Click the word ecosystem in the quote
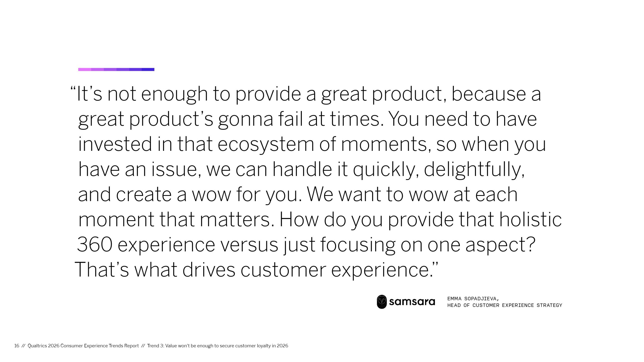[x=266, y=144]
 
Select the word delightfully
[x=474, y=169]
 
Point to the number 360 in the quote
[x=95, y=245]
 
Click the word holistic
[x=530, y=219]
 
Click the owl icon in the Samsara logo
[x=382, y=302]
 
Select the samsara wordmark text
[x=412, y=302]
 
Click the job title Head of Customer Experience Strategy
[x=505, y=305]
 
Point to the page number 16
[x=17, y=346]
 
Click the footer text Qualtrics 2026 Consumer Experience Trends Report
[x=83, y=346]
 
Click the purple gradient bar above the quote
[x=116, y=69]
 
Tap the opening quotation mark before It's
[x=73, y=88]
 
